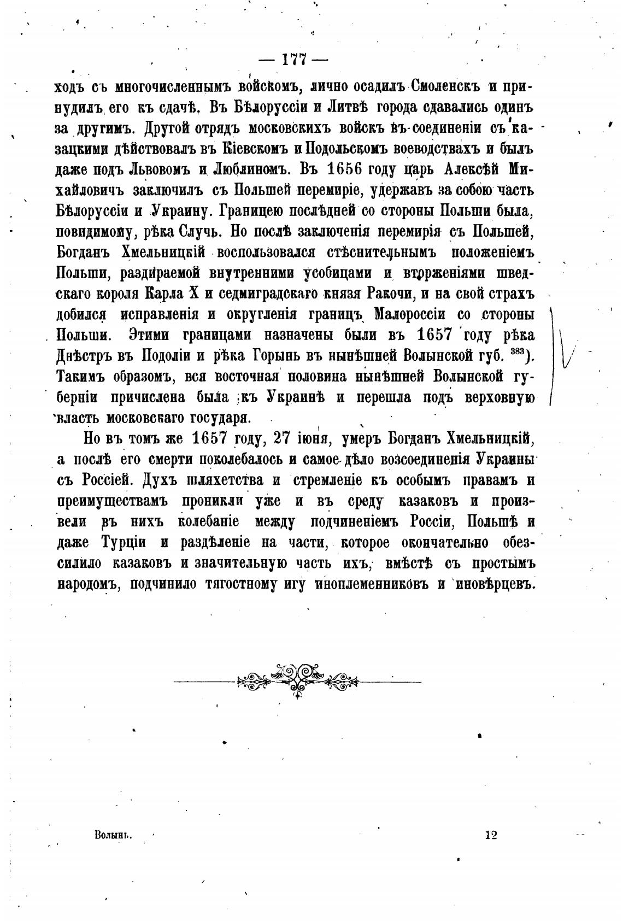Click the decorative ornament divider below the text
[297, 680]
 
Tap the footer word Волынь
[114, 835]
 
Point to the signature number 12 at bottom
[490, 835]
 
